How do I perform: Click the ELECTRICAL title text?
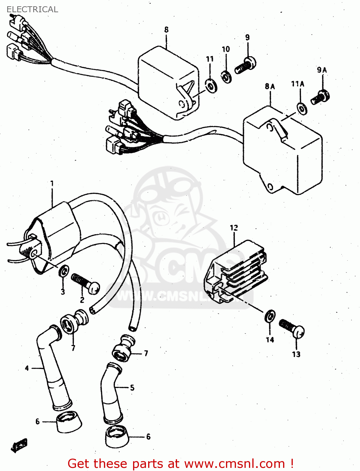coord(32,9)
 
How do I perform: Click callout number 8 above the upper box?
coord(166,30)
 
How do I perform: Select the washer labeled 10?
coord(226,76)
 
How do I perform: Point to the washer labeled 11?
coord(211,85)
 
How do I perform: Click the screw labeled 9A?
coord(320,97)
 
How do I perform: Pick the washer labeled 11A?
coord(302,109)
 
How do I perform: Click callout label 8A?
coord(270,86)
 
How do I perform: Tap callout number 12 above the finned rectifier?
coord(234,228)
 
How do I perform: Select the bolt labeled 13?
coord(292,328)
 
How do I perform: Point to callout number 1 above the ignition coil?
coord(52,183)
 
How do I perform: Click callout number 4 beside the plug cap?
coord(27,368)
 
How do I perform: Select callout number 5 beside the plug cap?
coord(132,387)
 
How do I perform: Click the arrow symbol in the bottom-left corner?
coord(19,445)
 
